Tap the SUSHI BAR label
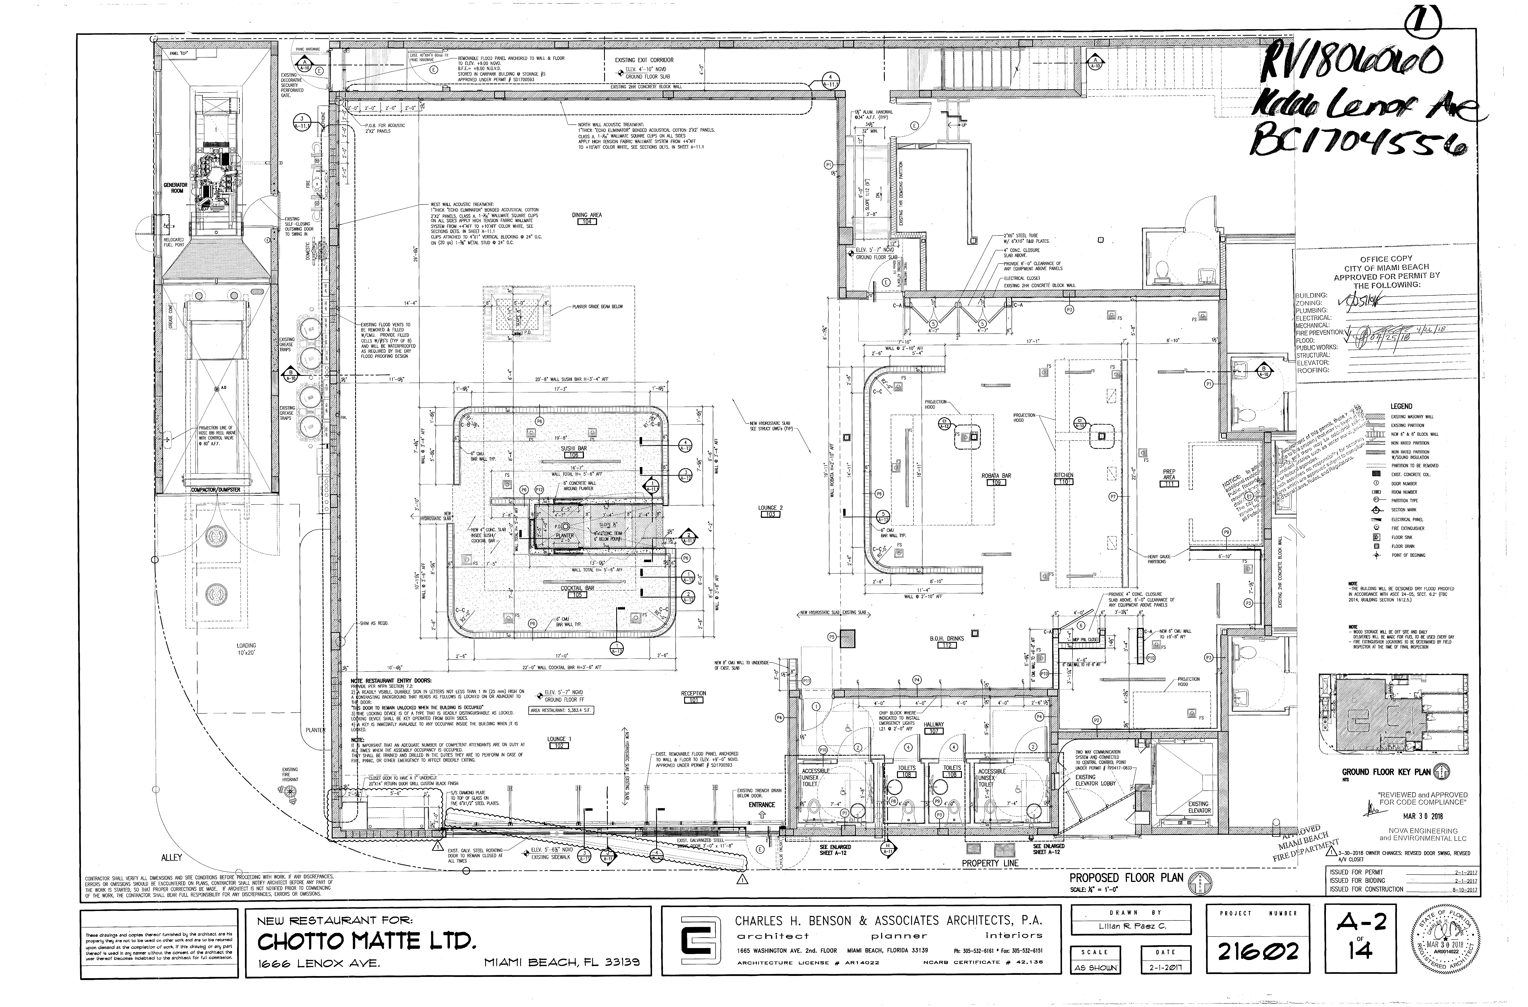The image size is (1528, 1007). point(574,448)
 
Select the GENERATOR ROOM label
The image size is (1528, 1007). point(175,188)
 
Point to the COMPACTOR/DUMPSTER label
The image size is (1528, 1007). point(215,490)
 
